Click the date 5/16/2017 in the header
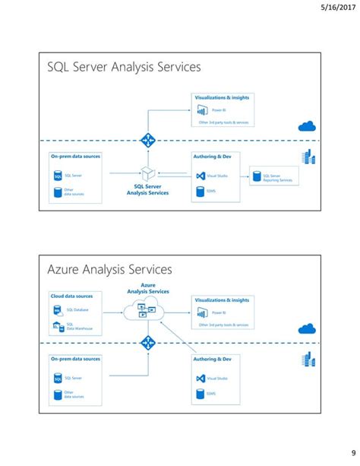[x=335, y=8]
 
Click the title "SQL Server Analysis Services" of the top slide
[x=124, y=68]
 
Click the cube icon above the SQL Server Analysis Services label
[x=147, y=174]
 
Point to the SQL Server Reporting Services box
[x=274, y=176]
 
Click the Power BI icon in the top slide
[x=203, y=110]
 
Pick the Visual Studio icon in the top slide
[x=201, y=176]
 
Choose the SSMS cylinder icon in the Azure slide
[x=201, y=394]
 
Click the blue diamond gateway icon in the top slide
[x=147, y=141]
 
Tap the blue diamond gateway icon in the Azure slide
[x=147, y=343]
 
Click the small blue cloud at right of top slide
[x=307, y=126]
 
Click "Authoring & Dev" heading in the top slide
[x=212, y=157]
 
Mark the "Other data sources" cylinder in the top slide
[x=58, y=192]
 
